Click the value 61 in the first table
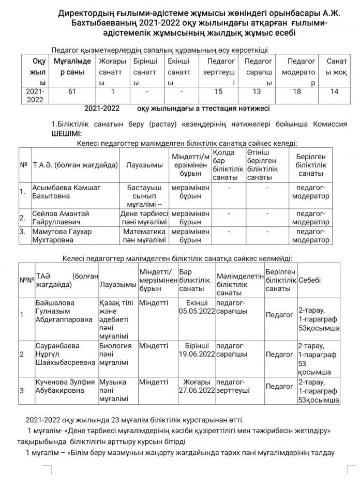point(71,91)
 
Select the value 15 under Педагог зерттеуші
point(219,91)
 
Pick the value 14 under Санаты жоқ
point(334,91)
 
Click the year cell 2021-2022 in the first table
point(35,96)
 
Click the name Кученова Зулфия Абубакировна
point(65,387)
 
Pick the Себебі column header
point(310,280)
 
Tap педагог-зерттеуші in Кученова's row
point(238,386)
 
